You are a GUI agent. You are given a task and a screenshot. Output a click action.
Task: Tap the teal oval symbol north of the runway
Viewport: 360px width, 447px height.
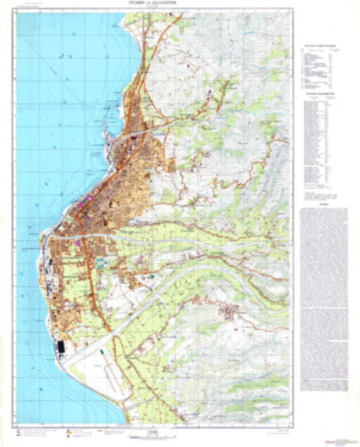pos(101,351)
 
